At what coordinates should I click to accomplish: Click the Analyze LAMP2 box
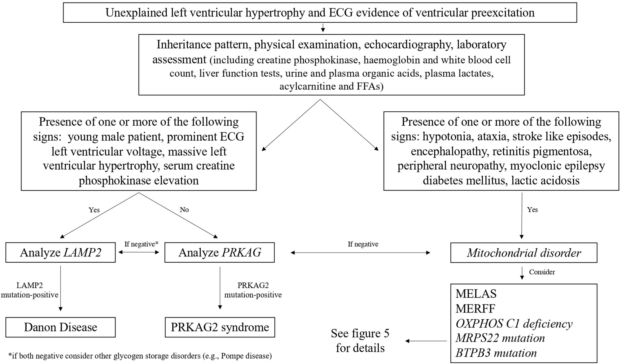60,253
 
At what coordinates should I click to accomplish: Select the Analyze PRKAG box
219,253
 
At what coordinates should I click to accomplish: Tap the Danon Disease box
60,327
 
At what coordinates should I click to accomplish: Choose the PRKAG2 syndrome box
220,327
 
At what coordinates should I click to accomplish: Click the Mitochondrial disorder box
523,253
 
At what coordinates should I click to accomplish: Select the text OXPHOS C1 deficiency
514,324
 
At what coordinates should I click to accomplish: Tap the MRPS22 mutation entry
500,338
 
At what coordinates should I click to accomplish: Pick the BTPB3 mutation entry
496,353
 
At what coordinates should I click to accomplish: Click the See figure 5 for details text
360,341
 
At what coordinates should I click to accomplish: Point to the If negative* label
141,244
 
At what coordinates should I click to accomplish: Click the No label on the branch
184,210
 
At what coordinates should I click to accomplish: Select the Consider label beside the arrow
542,272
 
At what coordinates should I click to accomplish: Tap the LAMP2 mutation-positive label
30,290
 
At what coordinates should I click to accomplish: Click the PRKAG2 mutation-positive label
253,290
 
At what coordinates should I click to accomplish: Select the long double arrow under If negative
360,253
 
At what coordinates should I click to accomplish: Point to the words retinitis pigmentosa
542,152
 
